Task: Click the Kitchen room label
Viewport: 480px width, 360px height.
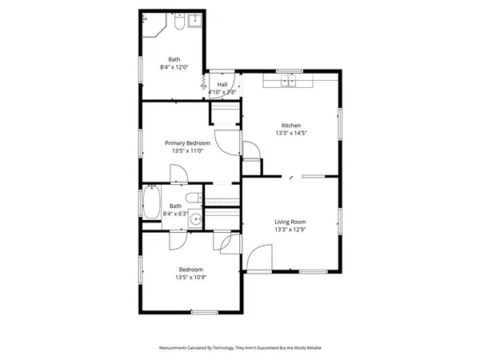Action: [x=290, y=126]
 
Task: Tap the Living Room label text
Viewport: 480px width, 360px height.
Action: [x=290, y=222]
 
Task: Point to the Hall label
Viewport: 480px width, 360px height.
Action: [x=222, y=84]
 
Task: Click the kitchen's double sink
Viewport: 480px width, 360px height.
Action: [x=287, y=80]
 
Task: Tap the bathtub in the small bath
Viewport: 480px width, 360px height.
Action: [x=150, y=202]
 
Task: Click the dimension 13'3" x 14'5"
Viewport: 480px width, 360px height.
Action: [x=290, y=134]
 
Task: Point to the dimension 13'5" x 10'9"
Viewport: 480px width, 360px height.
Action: [x=190, y=278]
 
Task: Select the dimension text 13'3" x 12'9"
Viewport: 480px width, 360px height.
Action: [x=290, y=230]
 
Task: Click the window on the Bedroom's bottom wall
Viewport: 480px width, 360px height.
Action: [x=204, y=311]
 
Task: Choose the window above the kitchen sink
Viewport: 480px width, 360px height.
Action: [x=288, y=70]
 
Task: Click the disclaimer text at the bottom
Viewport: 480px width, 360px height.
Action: [x=240, y=348]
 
